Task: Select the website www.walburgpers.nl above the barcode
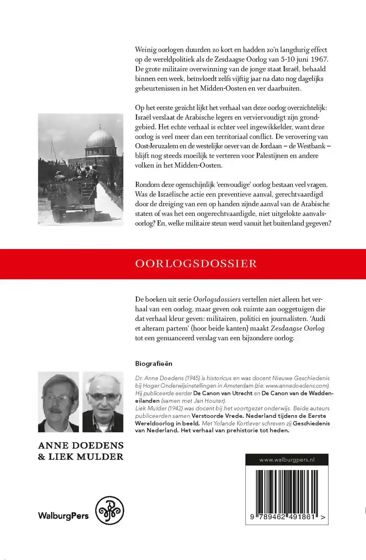point(287,460)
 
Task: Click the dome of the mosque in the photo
point(100,139)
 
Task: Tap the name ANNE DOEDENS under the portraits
point(81,445)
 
